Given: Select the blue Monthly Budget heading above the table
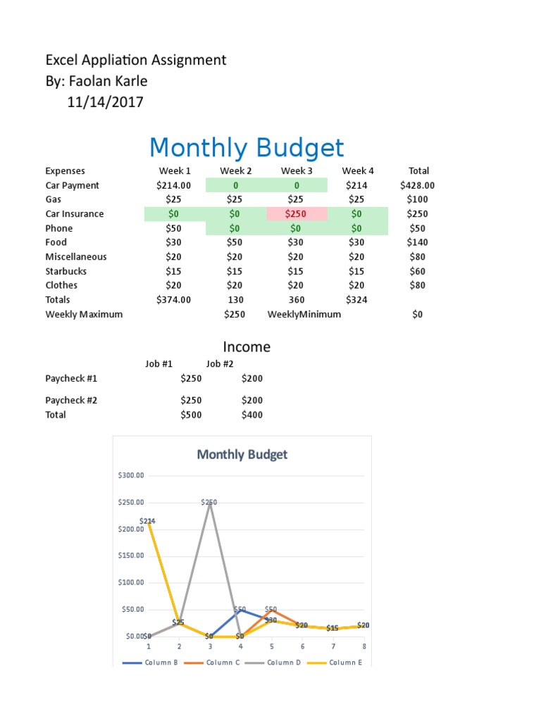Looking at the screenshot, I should (247, 148).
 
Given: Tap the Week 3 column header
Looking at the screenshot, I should (297, 171).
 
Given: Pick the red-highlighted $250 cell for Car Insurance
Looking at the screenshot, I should (297, 214).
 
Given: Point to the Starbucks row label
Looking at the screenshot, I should (66, 271).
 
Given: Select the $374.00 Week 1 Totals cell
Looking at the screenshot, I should (173, 300).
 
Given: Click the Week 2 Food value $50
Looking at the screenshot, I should (235, 243).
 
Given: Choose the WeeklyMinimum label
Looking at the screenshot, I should (304, 315).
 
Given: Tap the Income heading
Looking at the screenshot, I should (247, 347).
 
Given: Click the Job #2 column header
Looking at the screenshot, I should (220, 364).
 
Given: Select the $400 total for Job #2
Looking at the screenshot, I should (251, 415).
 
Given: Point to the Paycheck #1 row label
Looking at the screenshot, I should (71, 379).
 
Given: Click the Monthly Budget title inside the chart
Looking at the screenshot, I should (242, 454).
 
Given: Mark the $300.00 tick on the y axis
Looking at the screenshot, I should (131, 475).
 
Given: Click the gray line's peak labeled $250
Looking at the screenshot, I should (209, 503).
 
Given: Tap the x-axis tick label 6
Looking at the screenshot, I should (301, 646).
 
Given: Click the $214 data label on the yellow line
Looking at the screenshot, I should (148, 521).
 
